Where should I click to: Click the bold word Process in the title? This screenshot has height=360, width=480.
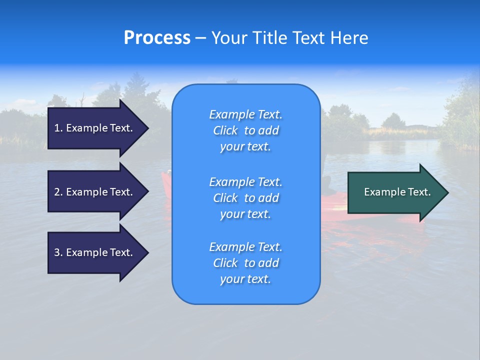[157, 38]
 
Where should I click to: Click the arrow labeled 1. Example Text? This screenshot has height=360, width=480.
[95, 128]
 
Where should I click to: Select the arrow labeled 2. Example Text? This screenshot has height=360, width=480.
[95, 192]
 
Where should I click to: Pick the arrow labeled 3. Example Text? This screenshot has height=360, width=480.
[95, 252]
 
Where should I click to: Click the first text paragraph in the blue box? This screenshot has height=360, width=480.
[245, 130]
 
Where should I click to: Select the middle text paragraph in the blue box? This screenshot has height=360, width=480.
[245, 197]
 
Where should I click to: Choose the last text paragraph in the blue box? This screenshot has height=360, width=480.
[245, 263]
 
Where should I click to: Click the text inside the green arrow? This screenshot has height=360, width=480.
[397, 192]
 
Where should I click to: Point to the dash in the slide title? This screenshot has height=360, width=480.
[200, 38]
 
